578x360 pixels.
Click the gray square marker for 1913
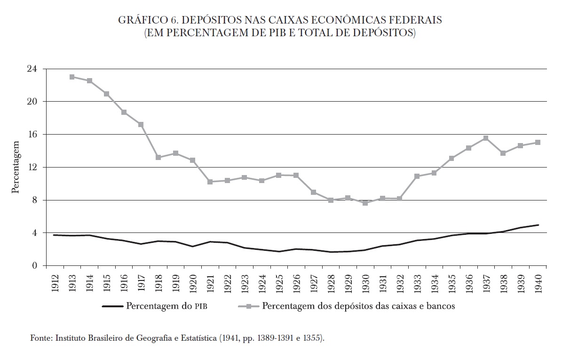tap(72, 77)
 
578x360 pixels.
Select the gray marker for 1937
tap(486, 138)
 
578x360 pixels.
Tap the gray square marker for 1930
tap(365, 203)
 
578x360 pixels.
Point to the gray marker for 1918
tap(158, 157)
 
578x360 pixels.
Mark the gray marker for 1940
tap(538, 142)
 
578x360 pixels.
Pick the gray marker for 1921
tap(210, 182)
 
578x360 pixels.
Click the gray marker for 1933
tap(417, 176)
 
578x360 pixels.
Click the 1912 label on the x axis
tap(55, 281)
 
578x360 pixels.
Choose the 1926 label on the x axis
tap(296, 281)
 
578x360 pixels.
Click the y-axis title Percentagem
tap(16, 167)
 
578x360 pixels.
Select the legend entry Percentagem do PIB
tap(167, 306)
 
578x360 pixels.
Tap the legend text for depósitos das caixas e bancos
tap(358, 306)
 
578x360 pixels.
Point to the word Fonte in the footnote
tap(40, 338)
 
